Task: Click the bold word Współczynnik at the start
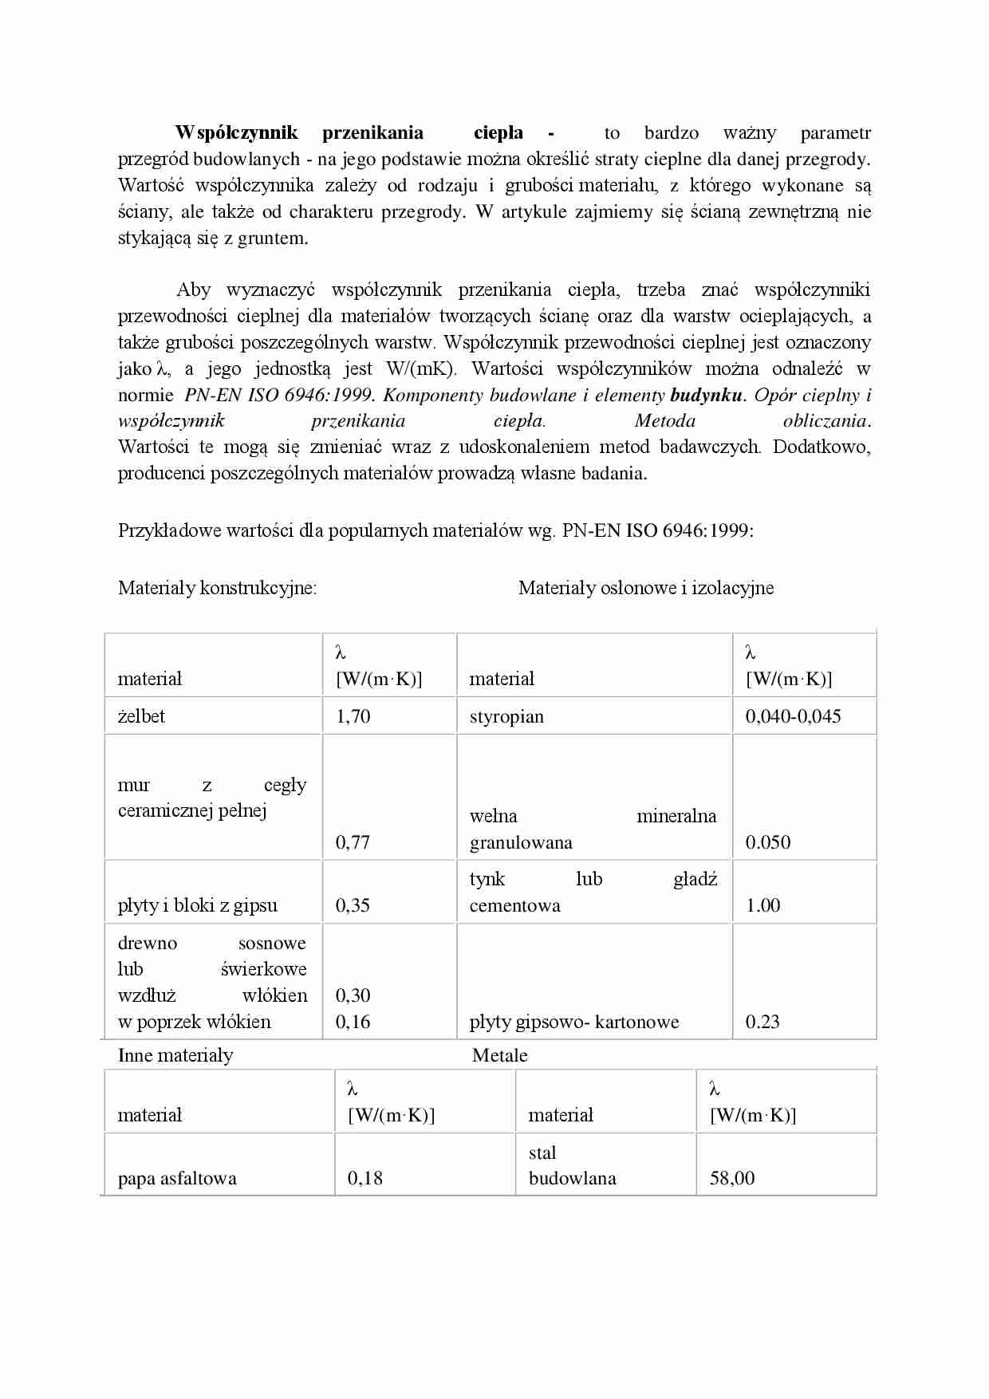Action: click(x=236, y=132)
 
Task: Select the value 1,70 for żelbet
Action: click(x=353, y=716)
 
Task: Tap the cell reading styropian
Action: click(x=506, y=716)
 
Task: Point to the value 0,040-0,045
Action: click(x=793, y=716)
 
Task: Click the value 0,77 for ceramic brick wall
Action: click(x=353, y=842)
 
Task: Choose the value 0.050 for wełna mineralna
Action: click(x=767, y=842)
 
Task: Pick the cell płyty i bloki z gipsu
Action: click(x=197, y=905)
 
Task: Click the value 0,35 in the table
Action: click(x=353, y=905)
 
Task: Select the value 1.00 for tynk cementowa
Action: click(x=762, y=905)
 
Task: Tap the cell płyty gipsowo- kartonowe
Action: click(x=573, y=1022)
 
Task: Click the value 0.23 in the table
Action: click(x=762, y=1022)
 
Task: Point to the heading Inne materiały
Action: click(x=175, y=1055)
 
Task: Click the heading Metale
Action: click(x=499, y=1055)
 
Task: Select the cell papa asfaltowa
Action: click(x=177, y=1178)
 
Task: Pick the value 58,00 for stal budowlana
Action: click(x=731, y=1178)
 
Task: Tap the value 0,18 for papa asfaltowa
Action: click(x=364, y=1178)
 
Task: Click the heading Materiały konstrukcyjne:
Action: click(x=217, y=588)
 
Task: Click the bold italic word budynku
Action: click(x=706, y=395)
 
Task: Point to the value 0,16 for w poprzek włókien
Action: click(x=353, y=1022)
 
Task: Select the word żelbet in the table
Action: click(x=141, y=716)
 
